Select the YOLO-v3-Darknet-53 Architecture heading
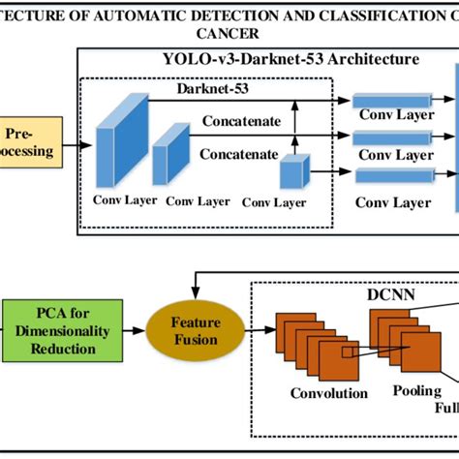click(291, 58)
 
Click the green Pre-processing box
click(29, 142)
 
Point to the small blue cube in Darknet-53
click(291, 174)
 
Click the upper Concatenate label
click(240, 122)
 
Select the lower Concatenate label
click(239, 153)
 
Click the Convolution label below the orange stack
click(329, 393)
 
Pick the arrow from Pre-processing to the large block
click(81, 144)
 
